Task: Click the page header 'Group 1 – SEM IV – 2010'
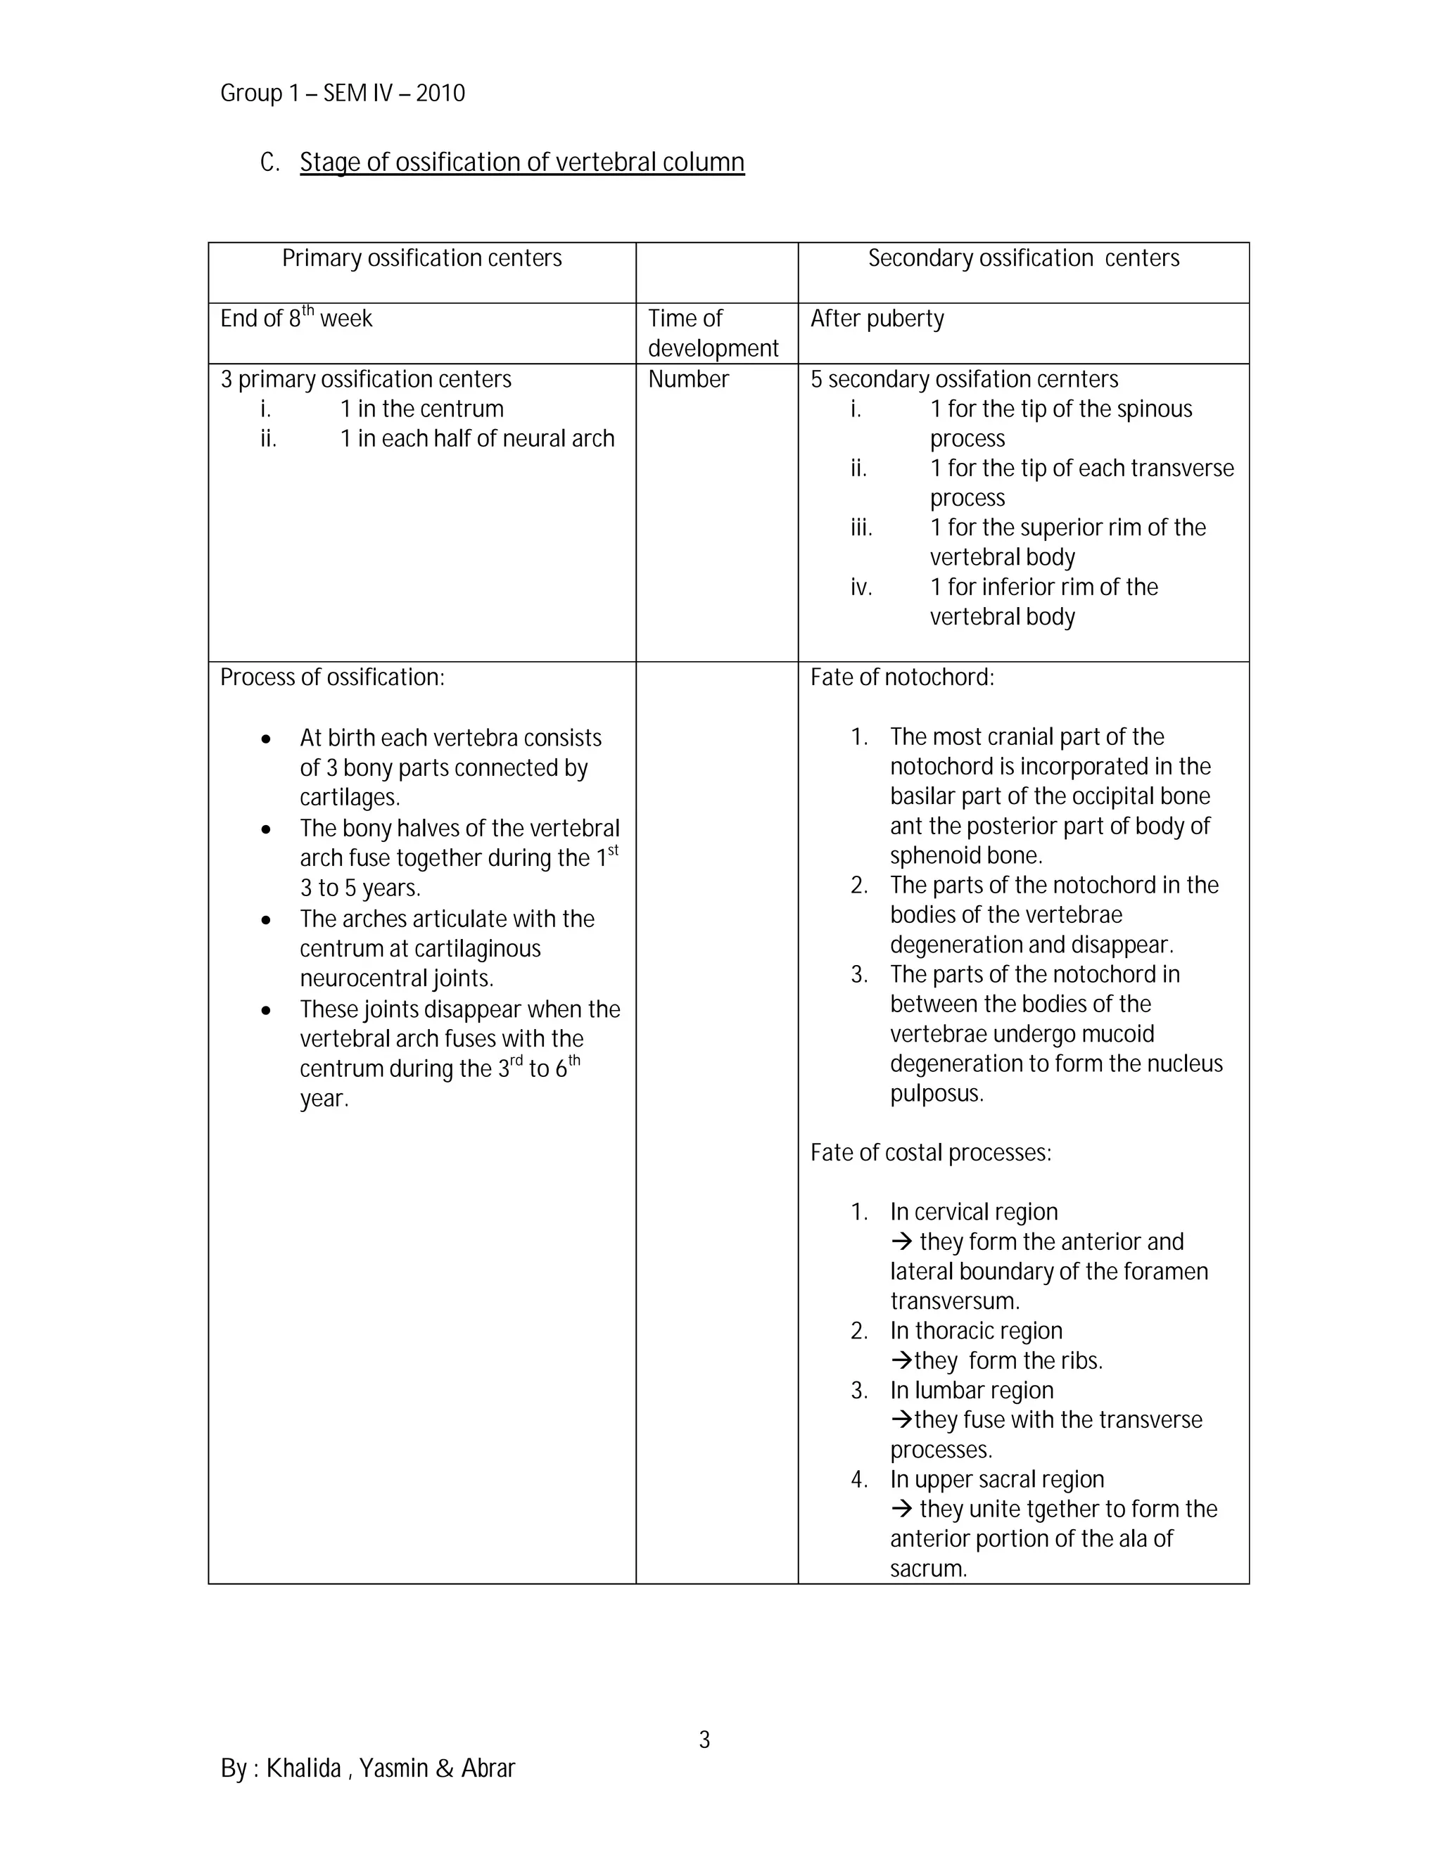tap(343, 93)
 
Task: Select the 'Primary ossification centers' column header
tap(421, 259)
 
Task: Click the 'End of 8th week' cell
tap(296, 319)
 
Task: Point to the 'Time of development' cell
tap(712, 333)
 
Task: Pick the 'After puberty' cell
tap(877, 319)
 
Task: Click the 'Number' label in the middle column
tap(688, 380)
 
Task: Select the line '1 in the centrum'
tap(421, 409)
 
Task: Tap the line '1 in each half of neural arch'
tap(476, 439)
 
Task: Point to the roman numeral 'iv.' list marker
tap(861, 588)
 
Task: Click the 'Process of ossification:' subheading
tap(332, 677)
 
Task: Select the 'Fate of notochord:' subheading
tap(901, 677)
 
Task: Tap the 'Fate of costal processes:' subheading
tap(930, 1153)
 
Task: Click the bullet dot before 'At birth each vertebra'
tap(267, 739)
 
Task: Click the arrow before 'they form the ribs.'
tap(901, 1360)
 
